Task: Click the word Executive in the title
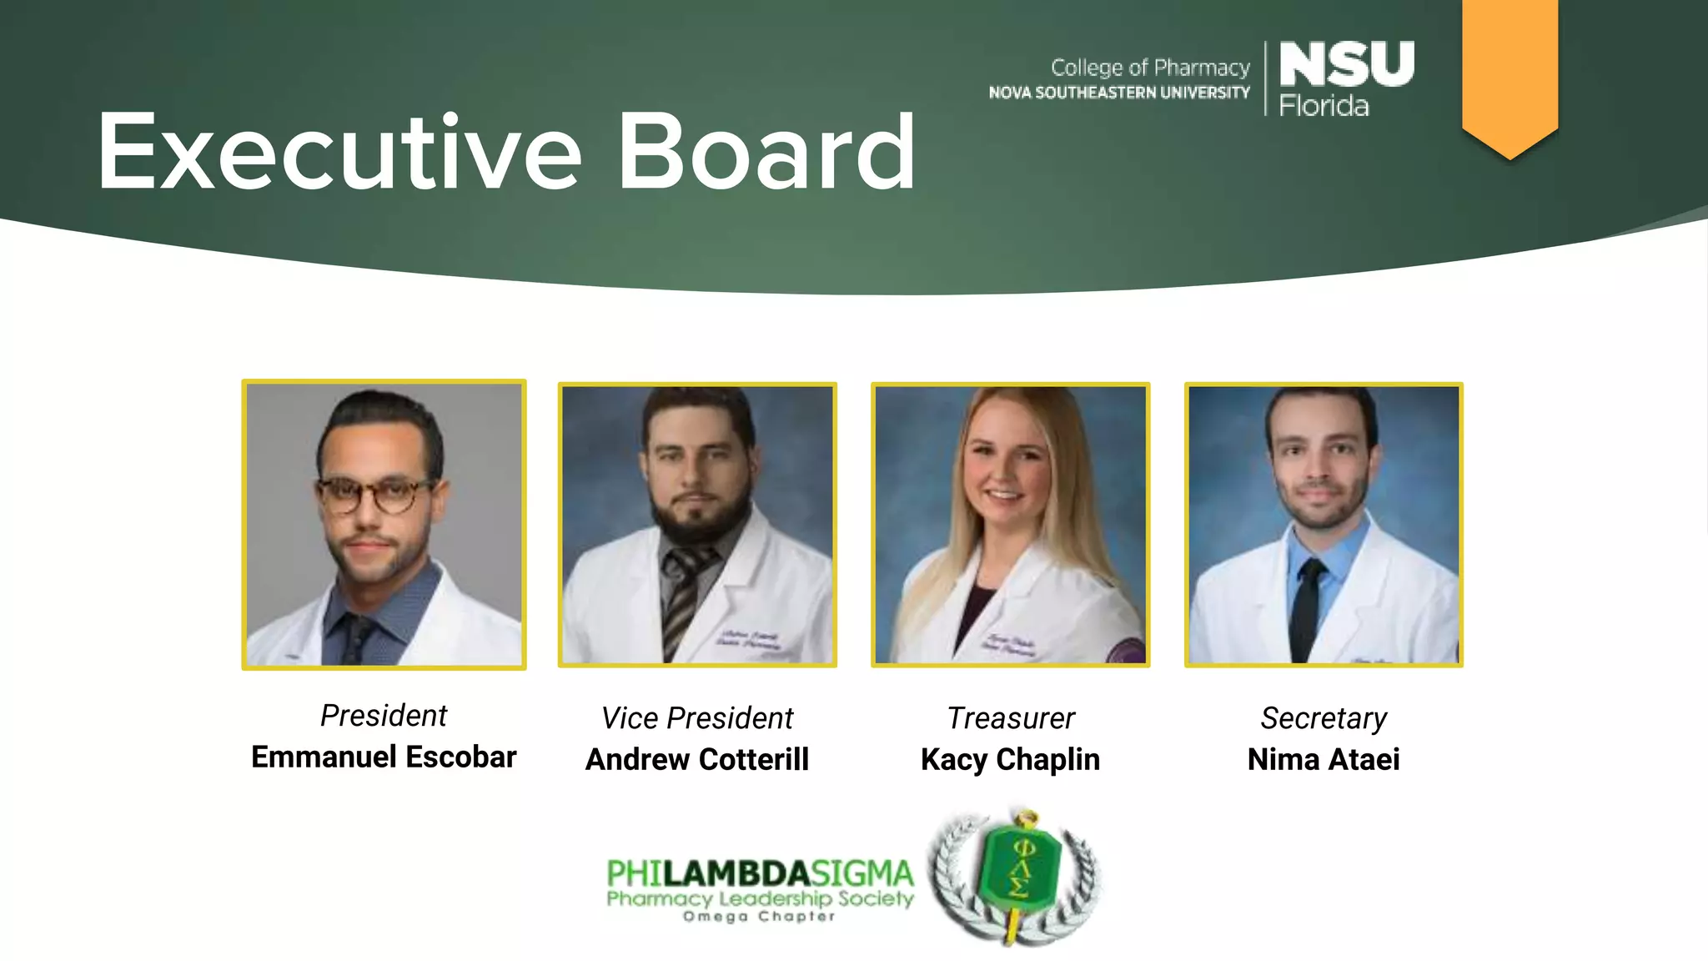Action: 339,153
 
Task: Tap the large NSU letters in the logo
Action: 1346,64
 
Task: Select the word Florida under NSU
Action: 1324,106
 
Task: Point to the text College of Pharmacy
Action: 1150,68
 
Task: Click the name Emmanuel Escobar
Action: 384,757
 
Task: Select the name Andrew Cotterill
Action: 697,759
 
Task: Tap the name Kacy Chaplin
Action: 1010,759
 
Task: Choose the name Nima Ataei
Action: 1324,759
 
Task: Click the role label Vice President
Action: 697,717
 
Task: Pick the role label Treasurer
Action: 1011,717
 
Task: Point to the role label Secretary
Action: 1324,717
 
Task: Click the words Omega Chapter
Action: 759,917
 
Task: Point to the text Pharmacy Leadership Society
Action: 760,898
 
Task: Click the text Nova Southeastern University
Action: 1119,93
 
